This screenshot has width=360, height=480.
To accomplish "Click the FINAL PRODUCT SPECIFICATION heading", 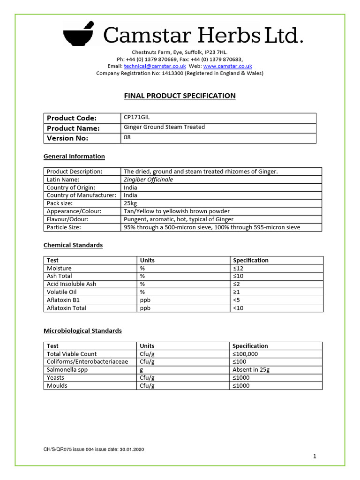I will tap(180, 96).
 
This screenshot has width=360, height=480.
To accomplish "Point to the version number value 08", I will tap(127, 138).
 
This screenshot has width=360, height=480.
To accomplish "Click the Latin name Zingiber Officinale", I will tap(148, 180).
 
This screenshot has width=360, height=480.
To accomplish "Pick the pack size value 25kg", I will tap(130, 203).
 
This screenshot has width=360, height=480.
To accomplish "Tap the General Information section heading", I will tap(74, 157).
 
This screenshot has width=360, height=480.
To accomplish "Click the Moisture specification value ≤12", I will tap(239, 268).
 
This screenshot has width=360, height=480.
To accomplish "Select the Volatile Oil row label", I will tap(61, 292).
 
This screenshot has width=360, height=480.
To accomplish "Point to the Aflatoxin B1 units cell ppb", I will tap(145, 300).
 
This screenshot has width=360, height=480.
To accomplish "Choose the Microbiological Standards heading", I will tap(82, 331).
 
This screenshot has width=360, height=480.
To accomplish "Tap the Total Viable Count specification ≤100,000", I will tap(245, 354).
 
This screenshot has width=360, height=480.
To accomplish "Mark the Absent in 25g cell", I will tap(251, 370).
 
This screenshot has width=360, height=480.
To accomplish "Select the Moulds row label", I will tap(57, 386).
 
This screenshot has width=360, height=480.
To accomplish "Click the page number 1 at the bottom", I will tap(315, 456).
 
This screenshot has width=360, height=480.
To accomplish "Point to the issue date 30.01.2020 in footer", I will tap(131, 450).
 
